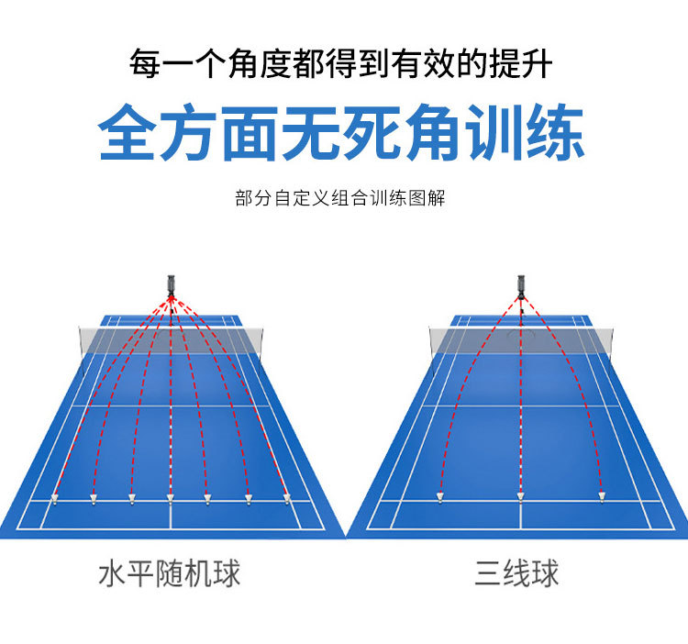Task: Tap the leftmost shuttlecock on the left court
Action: [55, 500]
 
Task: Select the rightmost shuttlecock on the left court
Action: [287, 499]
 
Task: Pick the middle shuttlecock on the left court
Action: [170, 499]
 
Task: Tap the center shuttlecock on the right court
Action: [520, 497]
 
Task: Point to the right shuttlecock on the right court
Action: [602, 497]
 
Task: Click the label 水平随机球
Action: [170, 574]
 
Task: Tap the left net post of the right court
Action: [431, 341]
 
